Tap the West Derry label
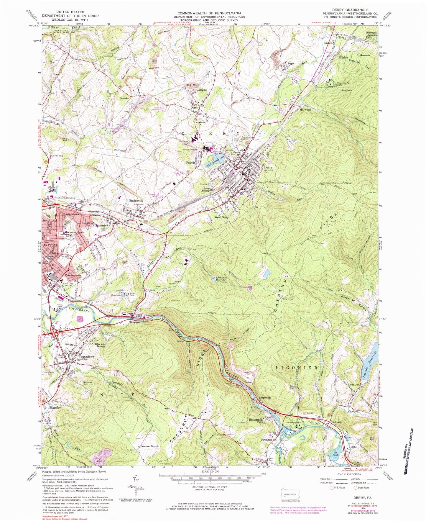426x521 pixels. (x=221, y=217)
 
